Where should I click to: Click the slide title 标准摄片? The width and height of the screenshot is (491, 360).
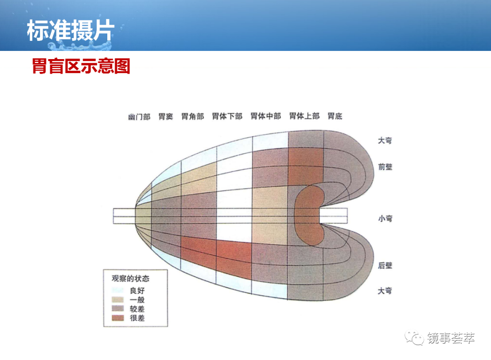tap(71, 30)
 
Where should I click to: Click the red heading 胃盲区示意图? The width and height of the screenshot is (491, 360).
tap(81, 66)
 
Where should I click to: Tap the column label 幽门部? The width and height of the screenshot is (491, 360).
tap(140, 117)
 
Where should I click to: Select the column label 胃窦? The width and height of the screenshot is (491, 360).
tap(165, 116)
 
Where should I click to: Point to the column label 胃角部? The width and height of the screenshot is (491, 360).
tap(193, 116)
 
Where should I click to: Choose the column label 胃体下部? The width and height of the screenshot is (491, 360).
tap(227, 116)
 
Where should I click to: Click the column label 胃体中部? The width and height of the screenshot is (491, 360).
tap(266, 116)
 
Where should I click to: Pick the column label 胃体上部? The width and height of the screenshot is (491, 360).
tap(304, 116)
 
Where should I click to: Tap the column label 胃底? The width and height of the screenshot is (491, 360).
tap(335, 116)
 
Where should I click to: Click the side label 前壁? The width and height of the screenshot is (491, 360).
tap(385, 166)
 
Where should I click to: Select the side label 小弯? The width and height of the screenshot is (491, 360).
tap(385, 218)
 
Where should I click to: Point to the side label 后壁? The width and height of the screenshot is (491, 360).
tap(385, 265)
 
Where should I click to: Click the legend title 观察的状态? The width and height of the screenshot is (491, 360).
tap(130, 278)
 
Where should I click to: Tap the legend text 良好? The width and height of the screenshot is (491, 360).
tap(137, 290)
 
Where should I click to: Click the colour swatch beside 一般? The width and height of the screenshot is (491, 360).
tap(118, 300)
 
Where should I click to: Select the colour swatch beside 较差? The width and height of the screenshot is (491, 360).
tap(118, 309)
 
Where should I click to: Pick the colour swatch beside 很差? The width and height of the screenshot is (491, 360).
tap(118, 318)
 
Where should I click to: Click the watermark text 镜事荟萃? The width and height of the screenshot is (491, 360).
tap(451, 338)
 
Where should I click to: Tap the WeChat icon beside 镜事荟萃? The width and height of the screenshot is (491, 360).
tap(414, 338)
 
